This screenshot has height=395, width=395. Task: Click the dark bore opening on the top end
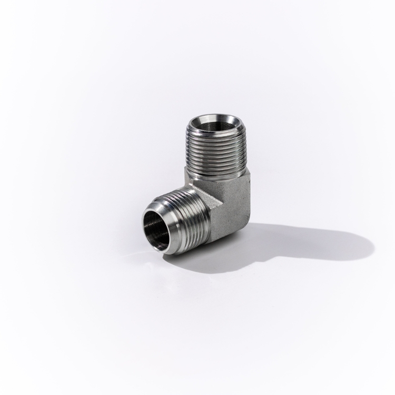tap(218, 125)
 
